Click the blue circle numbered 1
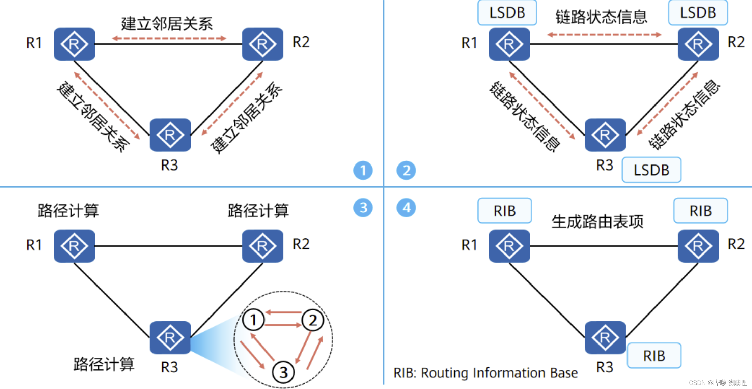[363, 170]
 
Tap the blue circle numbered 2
[406, 170]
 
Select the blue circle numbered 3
[363, 208]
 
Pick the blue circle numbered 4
[406, 208]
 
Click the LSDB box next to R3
[651, 170]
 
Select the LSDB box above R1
[507, 13]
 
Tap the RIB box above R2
[700, 211]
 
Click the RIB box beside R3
[654, 356]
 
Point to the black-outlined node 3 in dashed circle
[283, 372]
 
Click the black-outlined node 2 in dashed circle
[313, 320]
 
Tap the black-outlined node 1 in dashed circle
[253, 320]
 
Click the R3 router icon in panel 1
[170, 135]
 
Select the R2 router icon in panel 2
[698, 44]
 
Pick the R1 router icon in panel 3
[74, 246]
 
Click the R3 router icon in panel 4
[605, 337]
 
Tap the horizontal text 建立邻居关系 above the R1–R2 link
[167, 24]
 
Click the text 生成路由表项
[597, 222]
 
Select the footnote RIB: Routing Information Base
[485, 373]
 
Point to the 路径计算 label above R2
[258, 211]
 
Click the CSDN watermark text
[717, 383]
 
